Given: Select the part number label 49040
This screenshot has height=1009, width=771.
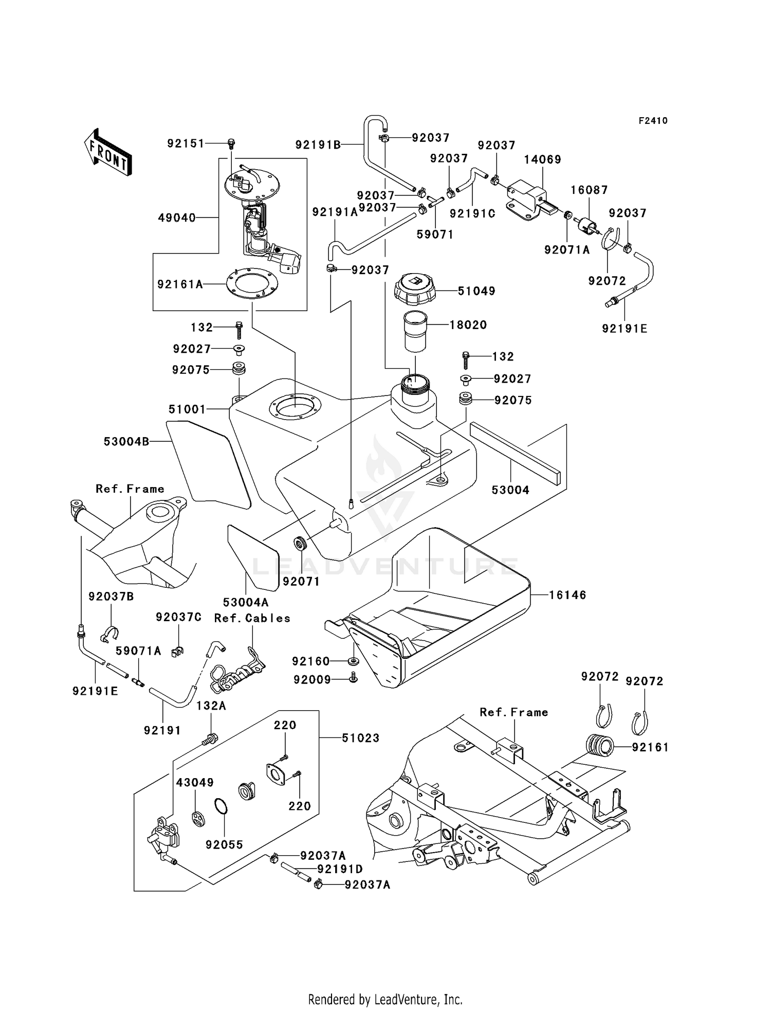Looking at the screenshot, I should coord(177,218).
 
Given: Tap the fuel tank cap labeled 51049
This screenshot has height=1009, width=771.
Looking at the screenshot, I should coord(415,290).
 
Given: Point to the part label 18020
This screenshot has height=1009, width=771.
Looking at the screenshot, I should coord(468,325).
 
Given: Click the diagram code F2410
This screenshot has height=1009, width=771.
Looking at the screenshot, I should coord(653,121).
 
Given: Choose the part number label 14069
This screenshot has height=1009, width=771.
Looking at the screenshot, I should coord(542,159).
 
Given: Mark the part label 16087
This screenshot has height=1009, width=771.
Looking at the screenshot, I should coord(589,190).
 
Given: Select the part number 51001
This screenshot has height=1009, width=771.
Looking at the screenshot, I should coord(187,409).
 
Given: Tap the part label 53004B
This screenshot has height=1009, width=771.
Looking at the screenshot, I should coord(126,441).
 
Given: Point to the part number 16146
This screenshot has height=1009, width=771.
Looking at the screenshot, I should coord(567,595).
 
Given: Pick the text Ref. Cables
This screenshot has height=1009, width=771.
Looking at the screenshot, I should coord(252,618).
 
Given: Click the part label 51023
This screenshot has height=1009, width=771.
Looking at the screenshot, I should coord(361,738).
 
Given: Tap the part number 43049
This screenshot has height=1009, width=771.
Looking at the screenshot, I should coord(195,782).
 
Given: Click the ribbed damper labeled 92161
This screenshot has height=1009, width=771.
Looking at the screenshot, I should coord(600,746).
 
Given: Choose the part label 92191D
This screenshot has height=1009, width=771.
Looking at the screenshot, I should coord(340,869).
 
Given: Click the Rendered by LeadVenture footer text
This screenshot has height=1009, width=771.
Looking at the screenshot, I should coord(385,999).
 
